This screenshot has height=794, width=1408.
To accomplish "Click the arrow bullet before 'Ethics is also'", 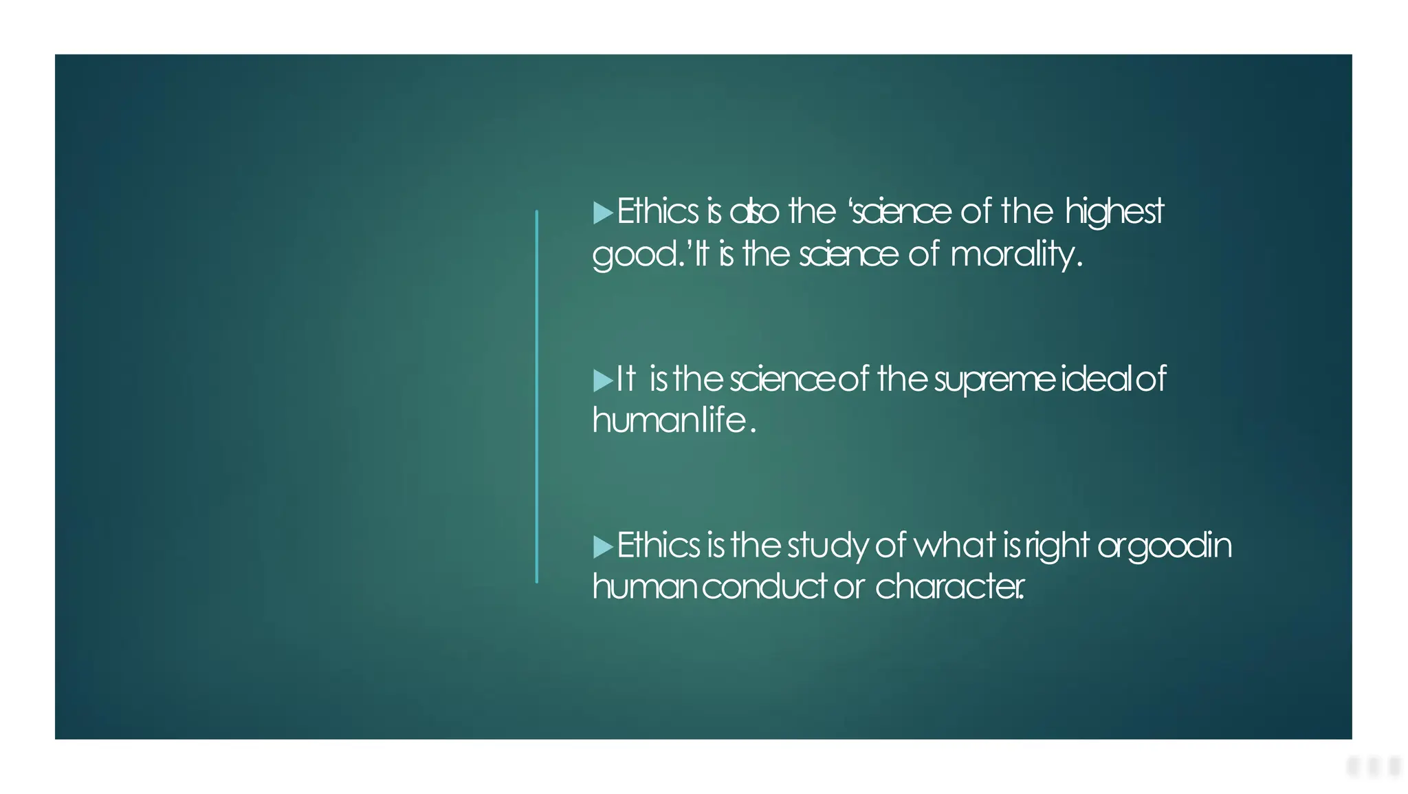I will tap(602, 213).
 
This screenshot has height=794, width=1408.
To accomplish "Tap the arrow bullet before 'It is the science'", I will tap(602, 380).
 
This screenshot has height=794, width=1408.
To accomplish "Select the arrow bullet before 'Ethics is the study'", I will tap(602, 547).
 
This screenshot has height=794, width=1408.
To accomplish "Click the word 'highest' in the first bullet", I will tap(1114, 212).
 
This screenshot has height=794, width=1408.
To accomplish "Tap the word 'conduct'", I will tap(764, 587).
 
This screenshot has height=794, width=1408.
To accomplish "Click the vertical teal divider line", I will tap(537, 396).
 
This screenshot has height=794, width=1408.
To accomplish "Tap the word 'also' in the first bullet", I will tap(753, 212).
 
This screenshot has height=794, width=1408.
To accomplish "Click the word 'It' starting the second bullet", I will tap(625, 379).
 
